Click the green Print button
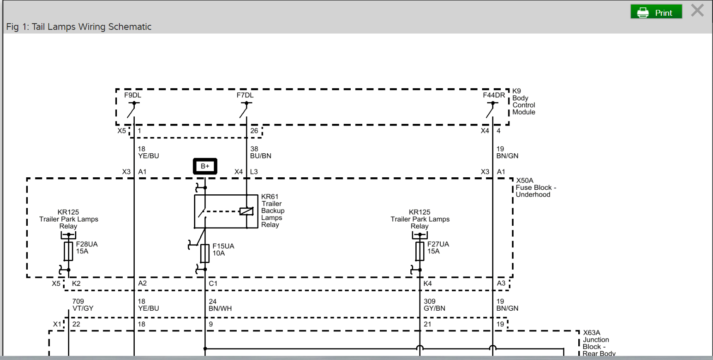pyautogui.click(x=656, y=12)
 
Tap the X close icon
pyautogui.click(x=697, y=10)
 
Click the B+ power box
pyautogui.click(x=205, y=166)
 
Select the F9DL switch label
pyautogui.click(x=133, y=95)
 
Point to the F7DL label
pyautogui.click(x=245, y=95)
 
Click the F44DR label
pyautogui.click(x=494, y=95)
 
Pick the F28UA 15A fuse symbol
pyautogui.click(x=68, y=251)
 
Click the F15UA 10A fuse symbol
pyautogui.click(x=205, y=253)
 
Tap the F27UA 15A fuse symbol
pyautogui.click(x=420, y=251)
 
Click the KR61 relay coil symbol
pyautogui.click(x=246, y=211)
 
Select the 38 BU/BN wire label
pyautogui.click(x=260, y=152)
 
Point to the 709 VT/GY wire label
pyautogui.click(x=82, y=305)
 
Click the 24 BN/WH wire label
pyautogui.click(x=220, y=305)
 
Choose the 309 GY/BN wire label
pyautogui.click(x=434, y=305)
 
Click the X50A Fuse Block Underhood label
pyautogui.click(x=535, y=188)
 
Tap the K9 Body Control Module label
pyautogui.click(x=523, y=101)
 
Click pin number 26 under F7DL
pyautogui.click(x=254, y=131)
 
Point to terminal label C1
pyautogui.click(x=213, y=283)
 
